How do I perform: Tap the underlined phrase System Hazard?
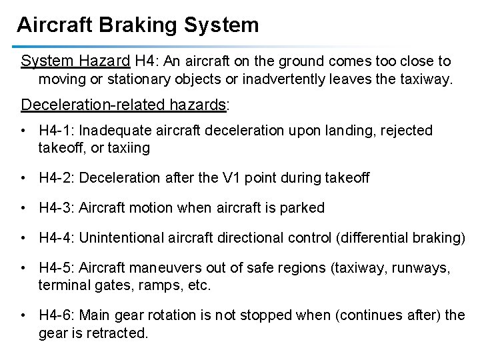coord(75,61)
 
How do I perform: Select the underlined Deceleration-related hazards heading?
coord(124,105)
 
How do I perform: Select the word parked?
coord(303,208)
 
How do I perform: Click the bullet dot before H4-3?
coord(24,208)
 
